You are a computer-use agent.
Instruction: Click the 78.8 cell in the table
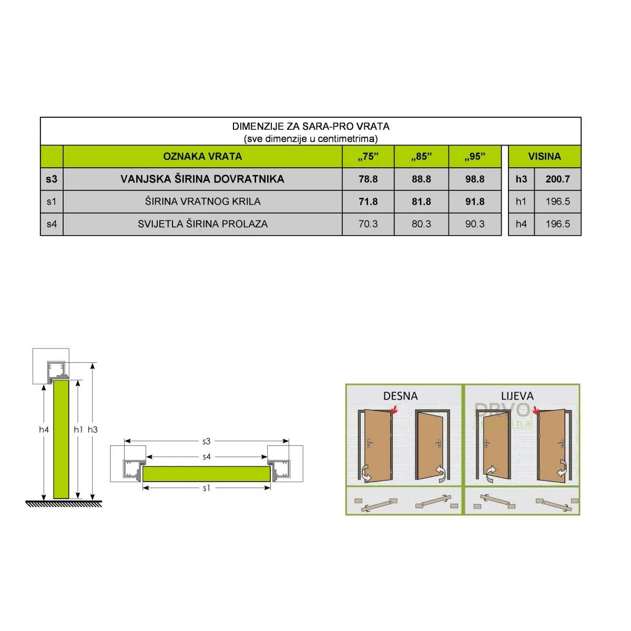tap(368, 179)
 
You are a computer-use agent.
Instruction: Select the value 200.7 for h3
tap(557, 179)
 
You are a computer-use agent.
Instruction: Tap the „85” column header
tap(421, 157)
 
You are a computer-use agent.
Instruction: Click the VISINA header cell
tap(544, 157)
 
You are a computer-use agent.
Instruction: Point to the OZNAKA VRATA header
tap(202, 157)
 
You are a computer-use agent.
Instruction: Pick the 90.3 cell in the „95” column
tap(474, 224)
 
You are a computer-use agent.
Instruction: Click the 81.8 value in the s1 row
tap(421, 201)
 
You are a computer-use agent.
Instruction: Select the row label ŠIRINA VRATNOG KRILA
tap(202, 201)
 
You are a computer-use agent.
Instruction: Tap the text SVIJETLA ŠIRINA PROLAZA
tap(202, 224)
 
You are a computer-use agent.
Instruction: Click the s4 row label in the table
tap(52, 224)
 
